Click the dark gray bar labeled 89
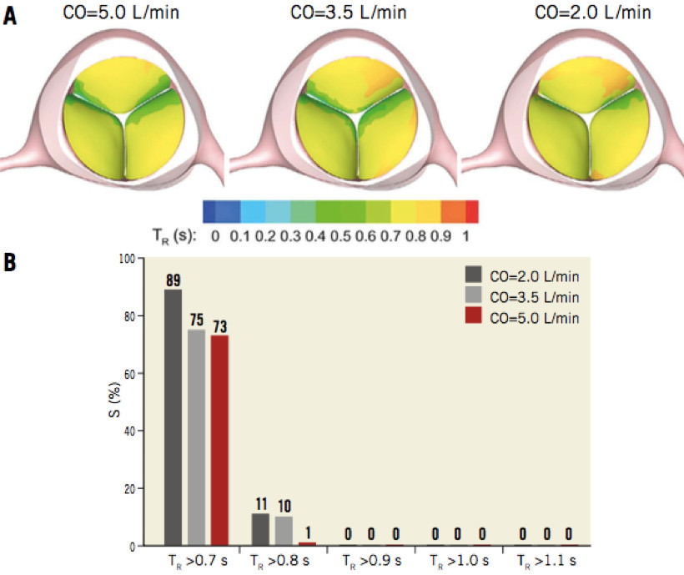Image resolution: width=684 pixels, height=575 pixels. pos(173,417)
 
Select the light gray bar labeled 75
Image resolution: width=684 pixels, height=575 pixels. pos(196,437)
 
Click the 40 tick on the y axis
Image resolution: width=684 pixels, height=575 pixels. pos(133,431)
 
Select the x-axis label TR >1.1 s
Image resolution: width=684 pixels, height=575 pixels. pos(547,559)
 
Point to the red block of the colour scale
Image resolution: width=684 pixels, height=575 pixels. pos(471,209)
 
